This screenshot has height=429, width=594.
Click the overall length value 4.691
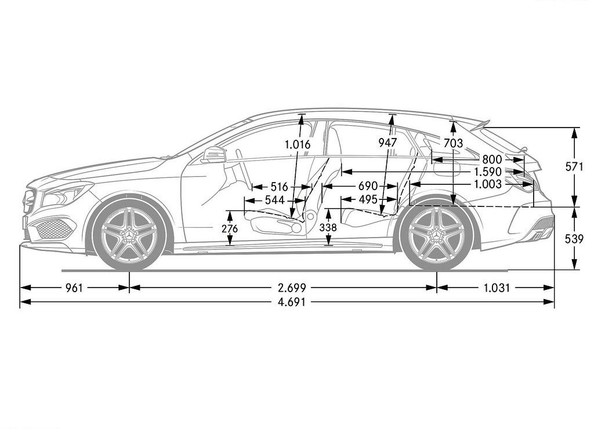coord(292,302)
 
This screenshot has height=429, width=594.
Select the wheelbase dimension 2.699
coord(292,288)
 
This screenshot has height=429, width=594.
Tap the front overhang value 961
coord(74,288)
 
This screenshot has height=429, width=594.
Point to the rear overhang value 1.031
coord(497,288)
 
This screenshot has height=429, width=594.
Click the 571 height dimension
coord(574,166)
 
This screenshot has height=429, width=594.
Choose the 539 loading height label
coord(574,239)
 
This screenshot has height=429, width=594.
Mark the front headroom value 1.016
coord(298,144)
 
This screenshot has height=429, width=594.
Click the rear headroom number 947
coord(387,143)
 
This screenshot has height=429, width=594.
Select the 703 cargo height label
coord(453,143)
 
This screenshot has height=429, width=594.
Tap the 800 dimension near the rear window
coord(492,159)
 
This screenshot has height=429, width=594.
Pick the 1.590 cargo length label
coord(488,172)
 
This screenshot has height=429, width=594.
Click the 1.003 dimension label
coord(488,184)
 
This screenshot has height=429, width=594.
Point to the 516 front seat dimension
coord(280,187)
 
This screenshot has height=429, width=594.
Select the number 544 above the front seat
coord(274,200)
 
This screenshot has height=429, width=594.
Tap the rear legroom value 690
coord(368,186)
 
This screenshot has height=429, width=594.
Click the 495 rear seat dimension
coord(368,199)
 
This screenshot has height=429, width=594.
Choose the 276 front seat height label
coord(230,228)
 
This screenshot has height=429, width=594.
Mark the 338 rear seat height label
coord(328,228)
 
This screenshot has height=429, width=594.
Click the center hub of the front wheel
coord(129,235)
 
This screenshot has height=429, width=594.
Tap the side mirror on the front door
coord(214,154)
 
